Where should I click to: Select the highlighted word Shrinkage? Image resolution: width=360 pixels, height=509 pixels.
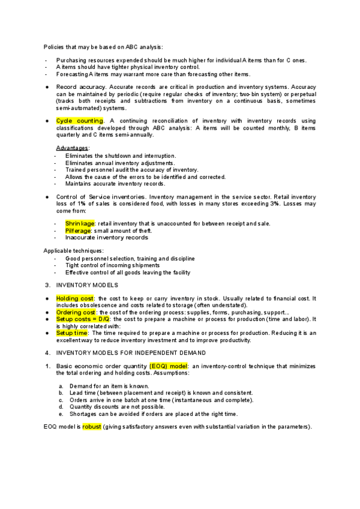coord(80,224)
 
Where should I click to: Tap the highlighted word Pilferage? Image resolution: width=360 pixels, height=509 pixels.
coord(79,230)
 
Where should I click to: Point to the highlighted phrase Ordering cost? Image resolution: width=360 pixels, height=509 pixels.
coord(76,313)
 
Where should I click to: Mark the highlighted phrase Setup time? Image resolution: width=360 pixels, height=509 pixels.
coord(72,333)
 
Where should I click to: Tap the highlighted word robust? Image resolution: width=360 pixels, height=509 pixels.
coord(92,427)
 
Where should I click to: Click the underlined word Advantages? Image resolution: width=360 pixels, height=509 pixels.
coord(72,148)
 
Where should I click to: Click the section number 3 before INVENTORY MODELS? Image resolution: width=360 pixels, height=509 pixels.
coord(47,285)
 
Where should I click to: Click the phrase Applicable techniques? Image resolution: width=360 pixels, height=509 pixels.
coord(65,250)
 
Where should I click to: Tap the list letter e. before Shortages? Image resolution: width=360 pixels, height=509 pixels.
coord(61,414)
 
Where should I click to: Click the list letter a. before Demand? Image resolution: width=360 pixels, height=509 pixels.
coord(61,386)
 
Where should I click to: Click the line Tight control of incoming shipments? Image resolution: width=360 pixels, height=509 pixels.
coord(112,265)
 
